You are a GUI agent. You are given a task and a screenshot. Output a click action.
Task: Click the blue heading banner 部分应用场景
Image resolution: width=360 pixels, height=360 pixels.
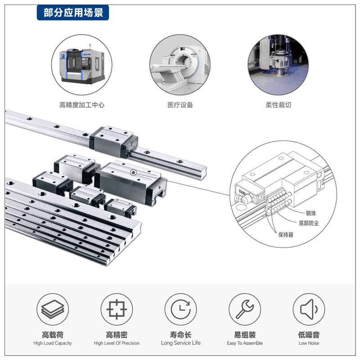point(73,13)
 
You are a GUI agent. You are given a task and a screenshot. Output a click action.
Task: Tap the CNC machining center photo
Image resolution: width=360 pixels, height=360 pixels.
point(82,64)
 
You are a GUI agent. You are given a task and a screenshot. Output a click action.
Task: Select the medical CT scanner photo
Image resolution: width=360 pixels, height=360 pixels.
point(180,64)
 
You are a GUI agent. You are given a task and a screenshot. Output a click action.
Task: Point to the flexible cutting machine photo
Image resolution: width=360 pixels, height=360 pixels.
point(278,64)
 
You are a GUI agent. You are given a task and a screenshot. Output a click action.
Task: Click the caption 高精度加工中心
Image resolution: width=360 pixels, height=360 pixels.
point(82,105)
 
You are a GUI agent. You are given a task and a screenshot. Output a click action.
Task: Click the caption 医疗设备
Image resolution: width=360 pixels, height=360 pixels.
point(180,105)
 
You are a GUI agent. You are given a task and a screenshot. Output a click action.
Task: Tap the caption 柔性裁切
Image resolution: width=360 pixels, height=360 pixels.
point(278,105)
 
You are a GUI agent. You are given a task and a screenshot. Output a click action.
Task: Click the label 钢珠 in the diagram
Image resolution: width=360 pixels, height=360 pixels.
point(311,213)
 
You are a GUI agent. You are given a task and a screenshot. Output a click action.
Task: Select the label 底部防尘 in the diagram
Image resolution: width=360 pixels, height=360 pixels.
point(309,223)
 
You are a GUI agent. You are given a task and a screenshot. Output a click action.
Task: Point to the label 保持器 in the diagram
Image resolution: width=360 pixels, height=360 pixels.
point(286,234)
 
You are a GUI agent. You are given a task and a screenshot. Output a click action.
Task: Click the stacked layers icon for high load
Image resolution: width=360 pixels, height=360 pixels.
point(53,309)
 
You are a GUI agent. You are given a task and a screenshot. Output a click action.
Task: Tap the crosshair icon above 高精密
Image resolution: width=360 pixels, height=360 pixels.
point(117,309)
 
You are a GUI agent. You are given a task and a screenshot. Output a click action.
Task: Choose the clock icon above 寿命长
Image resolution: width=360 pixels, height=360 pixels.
point(181,309)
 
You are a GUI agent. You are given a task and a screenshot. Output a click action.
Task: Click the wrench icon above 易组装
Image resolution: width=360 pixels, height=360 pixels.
point(245,309)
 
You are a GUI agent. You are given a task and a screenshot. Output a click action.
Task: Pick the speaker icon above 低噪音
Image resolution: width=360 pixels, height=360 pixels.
point(309,309)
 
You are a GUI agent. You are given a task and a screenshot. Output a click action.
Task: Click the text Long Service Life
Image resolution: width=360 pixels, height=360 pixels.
point(181,343)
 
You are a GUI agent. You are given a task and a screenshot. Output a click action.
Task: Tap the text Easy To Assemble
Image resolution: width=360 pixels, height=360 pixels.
point(245,343)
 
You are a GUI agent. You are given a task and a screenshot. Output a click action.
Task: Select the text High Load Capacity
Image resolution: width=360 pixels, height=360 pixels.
point(53,343)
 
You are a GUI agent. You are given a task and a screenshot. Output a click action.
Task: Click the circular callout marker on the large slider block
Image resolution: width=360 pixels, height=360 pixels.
point(133,172)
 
